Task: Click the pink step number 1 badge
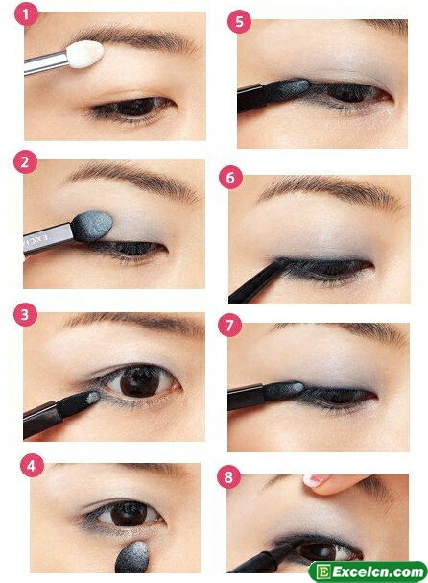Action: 26,15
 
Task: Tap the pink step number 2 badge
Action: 25,162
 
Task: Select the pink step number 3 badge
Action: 25,315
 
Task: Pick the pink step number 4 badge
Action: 32,466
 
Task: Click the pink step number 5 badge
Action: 239,22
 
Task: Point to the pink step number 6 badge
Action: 230,178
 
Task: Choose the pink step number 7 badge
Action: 229,326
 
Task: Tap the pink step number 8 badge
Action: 228,476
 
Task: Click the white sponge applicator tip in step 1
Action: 85,55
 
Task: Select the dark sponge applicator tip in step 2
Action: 92,226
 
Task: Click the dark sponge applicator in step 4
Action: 132,558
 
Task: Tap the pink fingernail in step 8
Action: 315,480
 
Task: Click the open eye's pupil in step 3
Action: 139,381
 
